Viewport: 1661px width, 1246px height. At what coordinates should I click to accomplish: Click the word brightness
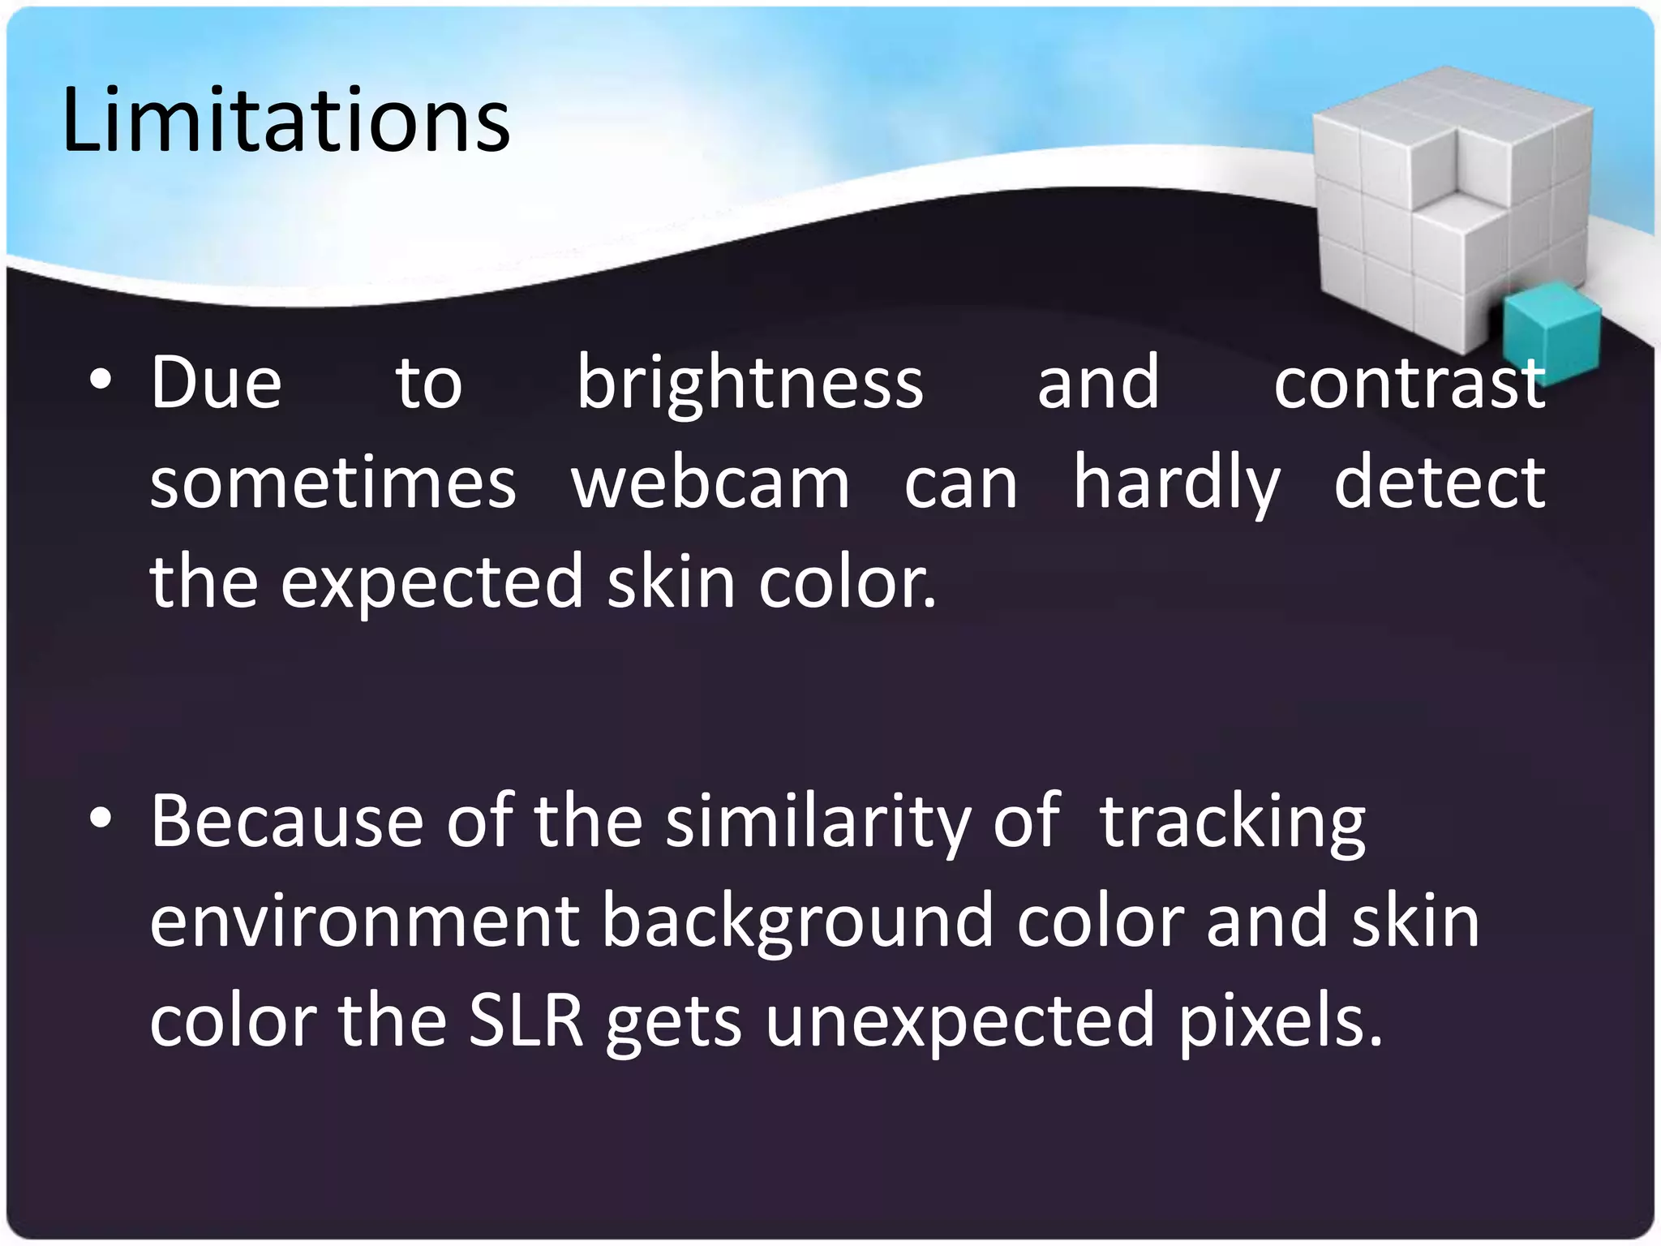750,383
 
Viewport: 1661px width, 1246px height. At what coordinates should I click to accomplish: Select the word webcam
710,483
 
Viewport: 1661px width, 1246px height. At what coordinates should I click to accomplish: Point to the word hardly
1176,483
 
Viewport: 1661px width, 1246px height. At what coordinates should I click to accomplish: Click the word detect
1440,483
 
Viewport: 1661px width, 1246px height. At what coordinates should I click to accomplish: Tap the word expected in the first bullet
431,582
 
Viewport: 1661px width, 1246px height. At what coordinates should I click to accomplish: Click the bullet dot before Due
101,381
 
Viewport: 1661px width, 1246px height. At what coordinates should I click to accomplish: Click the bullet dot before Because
101,820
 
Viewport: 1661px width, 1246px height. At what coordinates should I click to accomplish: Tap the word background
797,922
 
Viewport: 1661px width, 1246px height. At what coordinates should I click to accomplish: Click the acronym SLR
526,1020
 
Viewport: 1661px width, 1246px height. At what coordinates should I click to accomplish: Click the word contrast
1410,383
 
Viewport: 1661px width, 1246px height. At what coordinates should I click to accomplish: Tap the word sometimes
333,483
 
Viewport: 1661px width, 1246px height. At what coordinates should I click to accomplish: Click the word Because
286,821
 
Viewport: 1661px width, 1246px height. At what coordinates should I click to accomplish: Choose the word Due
216,383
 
